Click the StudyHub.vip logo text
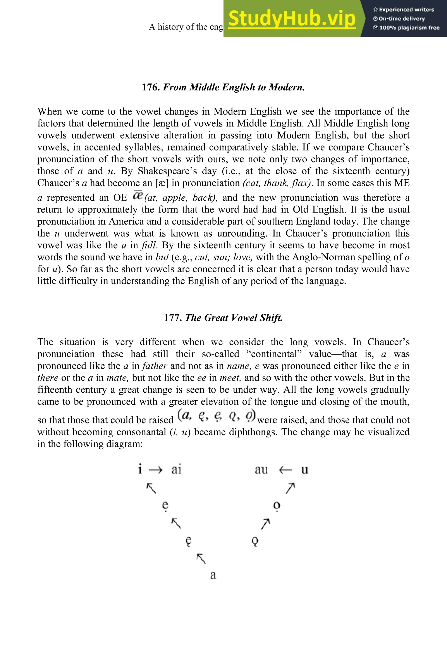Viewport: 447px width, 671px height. pos(292,18)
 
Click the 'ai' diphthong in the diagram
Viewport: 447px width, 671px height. pos(176,470)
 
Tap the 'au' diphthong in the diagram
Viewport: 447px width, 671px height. pos(261,470)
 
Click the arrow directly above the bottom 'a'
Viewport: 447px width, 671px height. pos(201,559)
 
